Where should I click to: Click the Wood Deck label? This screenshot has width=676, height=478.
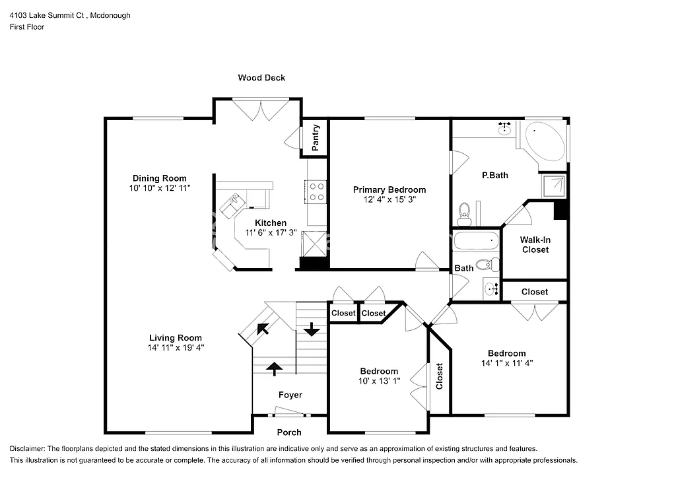[x=261, y=78]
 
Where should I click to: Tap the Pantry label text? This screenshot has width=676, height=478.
[x=316, y=137]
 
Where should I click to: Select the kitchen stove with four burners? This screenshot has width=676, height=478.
[x=317, y=191]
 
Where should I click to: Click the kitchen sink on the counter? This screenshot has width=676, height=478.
[x=232, y=204]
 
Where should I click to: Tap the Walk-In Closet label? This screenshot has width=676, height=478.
[x=535, y=245]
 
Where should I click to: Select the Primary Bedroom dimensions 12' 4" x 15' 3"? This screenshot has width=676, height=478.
[x=389, y=199]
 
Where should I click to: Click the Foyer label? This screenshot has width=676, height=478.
[x=290, y=395]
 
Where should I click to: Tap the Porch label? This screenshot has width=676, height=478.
[x=289, y=432]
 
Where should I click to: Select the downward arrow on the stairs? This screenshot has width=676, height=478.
[x=309, y=327]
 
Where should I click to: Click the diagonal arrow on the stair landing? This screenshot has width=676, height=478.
[x=262, y=328]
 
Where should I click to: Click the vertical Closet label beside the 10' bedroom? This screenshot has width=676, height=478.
[x=440, y=376]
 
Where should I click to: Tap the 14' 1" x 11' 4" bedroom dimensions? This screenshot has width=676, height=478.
[x=507, y=362]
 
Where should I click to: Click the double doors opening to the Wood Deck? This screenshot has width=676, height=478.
[x=257, y=110]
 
